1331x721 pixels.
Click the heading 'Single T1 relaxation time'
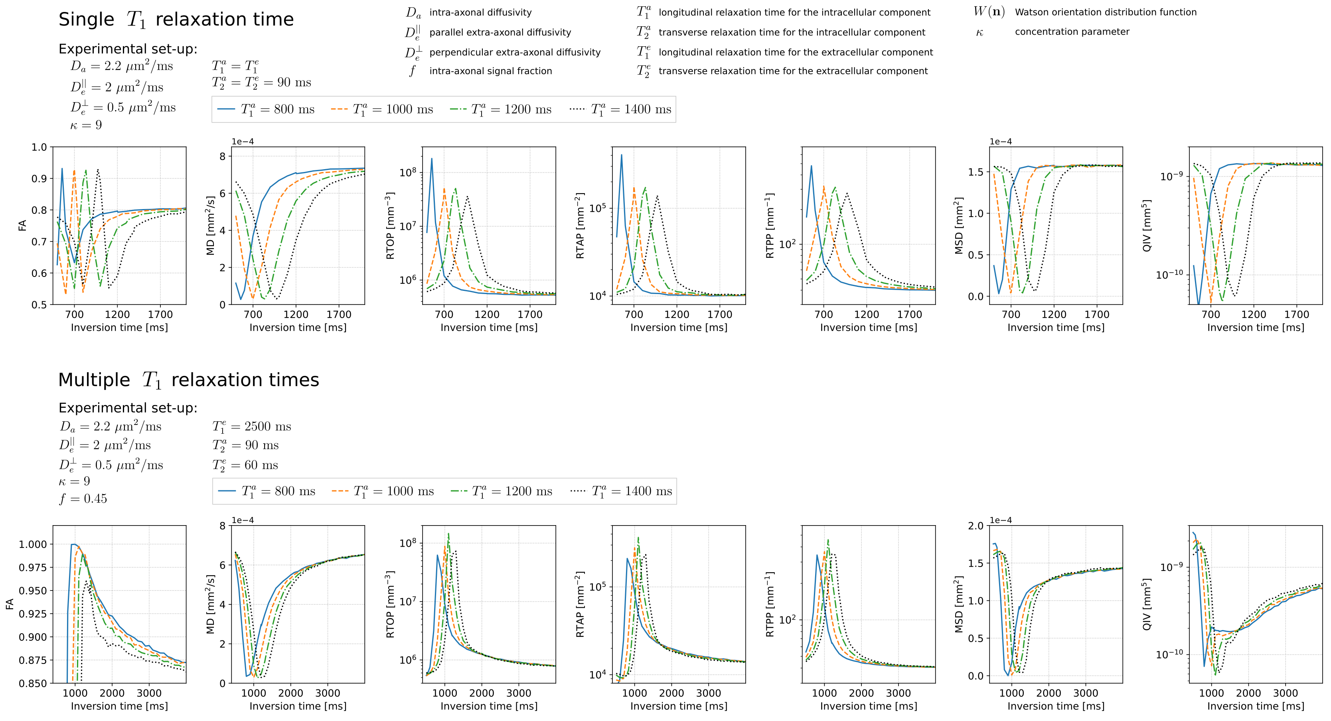coord(176,20)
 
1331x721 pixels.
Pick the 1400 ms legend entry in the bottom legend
coord(622,491)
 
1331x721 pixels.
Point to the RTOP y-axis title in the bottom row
coord(391,604)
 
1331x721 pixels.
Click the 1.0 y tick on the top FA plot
coord(39,147)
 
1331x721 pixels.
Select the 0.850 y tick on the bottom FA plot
coord(33,683)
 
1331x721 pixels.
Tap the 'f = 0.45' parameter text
coord(83,499)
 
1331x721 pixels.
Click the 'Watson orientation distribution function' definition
coord(1105,12)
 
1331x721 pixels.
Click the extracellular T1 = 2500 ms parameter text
coord(252,427)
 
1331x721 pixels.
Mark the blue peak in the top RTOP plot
coord(431,159)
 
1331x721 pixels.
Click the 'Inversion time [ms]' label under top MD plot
coord(298,327)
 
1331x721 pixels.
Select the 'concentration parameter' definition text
coord(1072,32)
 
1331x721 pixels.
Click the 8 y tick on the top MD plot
coord(223,156)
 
